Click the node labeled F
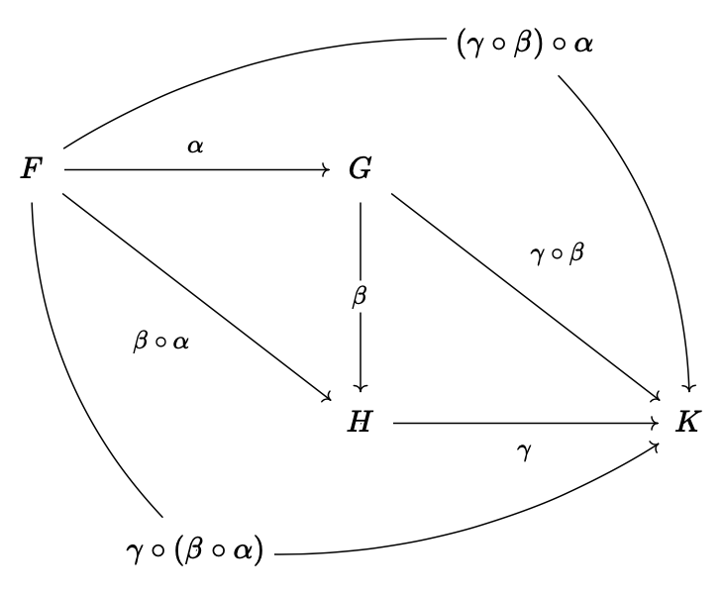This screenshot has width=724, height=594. click(x=33, y=169)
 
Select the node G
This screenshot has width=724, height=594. click(x=360, y=169)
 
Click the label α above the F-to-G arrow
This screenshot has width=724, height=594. click(x=195, y=147)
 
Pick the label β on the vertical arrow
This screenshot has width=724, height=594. click(x=360, y=297)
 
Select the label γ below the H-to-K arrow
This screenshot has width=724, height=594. click(x=525, y=451)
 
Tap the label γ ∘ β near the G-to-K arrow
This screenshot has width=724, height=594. click(x=558, y=254)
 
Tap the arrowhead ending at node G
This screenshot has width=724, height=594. click(x=325, y=169)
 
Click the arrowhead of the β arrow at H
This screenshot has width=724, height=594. click(x=361, y=386)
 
